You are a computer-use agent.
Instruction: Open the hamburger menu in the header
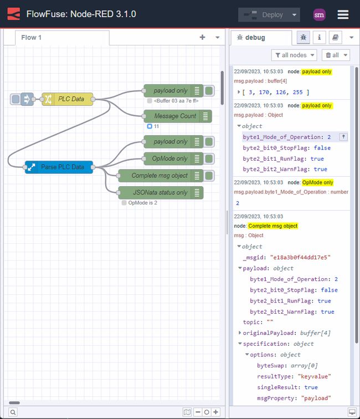pos(343,14)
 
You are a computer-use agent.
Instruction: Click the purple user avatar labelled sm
pos(319,15)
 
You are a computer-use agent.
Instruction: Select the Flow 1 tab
pos(32,38)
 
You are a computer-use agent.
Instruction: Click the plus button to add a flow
pos(202,37)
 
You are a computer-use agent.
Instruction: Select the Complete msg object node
pos(160,176)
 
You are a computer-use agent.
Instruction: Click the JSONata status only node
pos(160,192)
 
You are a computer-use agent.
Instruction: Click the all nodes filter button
pos(294,55)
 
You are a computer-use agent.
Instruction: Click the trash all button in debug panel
pos(336,55)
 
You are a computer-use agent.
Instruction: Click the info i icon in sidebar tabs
pos(319,38)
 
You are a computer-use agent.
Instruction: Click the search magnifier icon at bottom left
pos(13,412)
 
